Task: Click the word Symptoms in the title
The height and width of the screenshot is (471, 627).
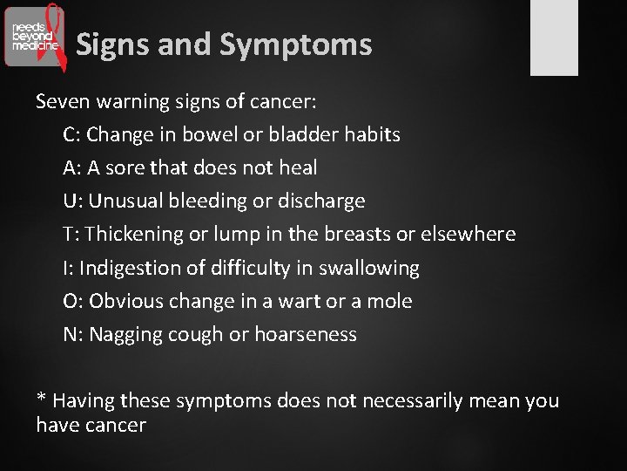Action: coord(296,44)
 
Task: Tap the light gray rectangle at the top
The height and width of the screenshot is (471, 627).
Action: coord(554,37)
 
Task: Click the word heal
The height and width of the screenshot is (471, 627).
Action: coord(298,168)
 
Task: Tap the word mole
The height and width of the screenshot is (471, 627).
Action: coord(389,302)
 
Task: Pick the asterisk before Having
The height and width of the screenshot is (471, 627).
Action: coord(41,399)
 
